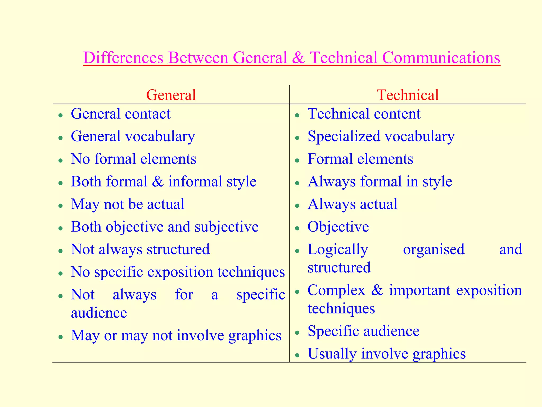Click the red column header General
171,95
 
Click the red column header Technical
408,95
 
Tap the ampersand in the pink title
299,57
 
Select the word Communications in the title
441,57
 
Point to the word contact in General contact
148,114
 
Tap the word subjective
227,227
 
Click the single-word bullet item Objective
338,227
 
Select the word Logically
338,250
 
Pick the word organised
433,249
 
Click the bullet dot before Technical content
297,115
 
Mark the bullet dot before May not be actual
61,206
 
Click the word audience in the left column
99,313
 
